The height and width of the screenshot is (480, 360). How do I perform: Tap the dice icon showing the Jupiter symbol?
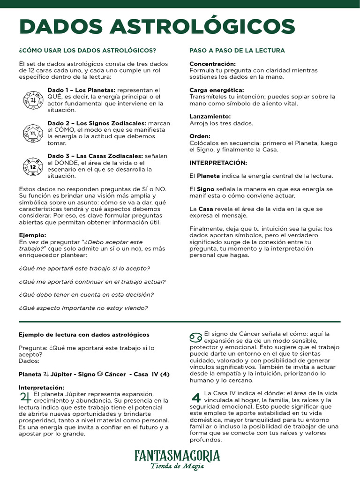tap(33, 99)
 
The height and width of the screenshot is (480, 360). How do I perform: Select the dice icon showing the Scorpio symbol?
tap(33, 133)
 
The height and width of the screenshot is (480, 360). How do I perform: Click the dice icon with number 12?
tap(33, 166)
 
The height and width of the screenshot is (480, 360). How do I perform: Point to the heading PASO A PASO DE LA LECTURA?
tap(237, 51)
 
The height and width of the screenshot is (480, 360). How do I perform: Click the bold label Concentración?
tap(212, 64)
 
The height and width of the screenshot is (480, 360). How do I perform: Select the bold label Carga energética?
tap(216, 90)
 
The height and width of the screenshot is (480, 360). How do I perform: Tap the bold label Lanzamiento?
tap(210, 116)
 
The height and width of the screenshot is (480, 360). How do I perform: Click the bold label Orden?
tap(200, 136)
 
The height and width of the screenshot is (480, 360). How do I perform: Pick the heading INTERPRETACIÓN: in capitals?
tap(218, 163)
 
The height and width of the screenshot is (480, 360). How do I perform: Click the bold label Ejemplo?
tap(32, 235)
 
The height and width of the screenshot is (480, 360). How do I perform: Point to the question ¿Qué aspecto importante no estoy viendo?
tap(83, 308)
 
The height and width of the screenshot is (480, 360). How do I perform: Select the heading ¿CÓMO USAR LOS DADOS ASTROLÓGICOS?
tap(87, 51)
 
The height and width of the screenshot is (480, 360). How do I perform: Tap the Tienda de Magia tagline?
tap(177, 466)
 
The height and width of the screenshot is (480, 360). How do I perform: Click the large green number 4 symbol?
tap(196, 397)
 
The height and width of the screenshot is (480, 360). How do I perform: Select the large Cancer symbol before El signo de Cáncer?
tap(196, 337)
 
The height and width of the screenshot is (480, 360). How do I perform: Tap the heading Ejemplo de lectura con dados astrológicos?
tap(84, 335)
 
